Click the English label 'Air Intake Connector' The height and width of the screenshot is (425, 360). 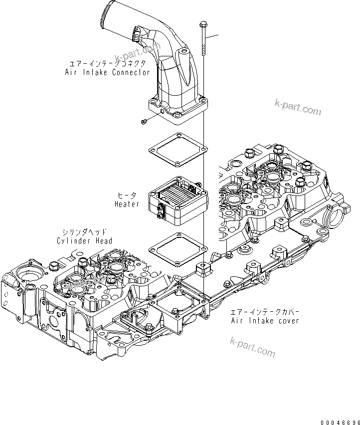[107, 72]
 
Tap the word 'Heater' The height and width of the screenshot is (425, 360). [127, 204]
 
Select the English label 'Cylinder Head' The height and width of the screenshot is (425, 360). [84, 241]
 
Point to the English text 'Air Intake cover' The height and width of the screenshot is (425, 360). [265, 320]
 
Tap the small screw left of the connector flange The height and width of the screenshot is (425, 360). [144, 121]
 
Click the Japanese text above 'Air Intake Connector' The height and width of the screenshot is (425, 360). [107, 64]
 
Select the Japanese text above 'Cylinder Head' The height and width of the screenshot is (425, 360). [84, 232]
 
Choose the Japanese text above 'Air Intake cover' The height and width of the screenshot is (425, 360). [264, 312]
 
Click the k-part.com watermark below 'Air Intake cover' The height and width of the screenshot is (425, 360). [252, 347]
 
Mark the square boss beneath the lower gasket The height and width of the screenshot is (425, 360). [203, 269]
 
